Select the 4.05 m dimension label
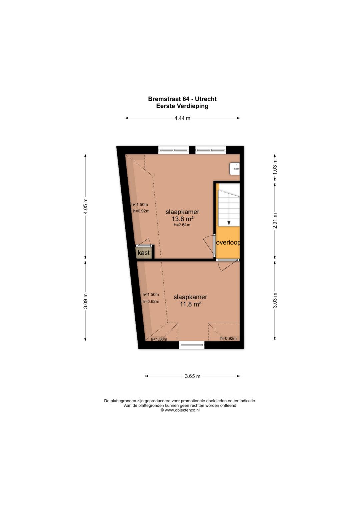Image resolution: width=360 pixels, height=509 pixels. pyautogui.click(x=85, y=206)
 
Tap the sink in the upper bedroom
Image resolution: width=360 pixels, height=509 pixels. pyautogui.click(x=235, y=169)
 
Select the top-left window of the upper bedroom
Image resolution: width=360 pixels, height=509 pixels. pyautogui.click(x=174, y=150)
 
